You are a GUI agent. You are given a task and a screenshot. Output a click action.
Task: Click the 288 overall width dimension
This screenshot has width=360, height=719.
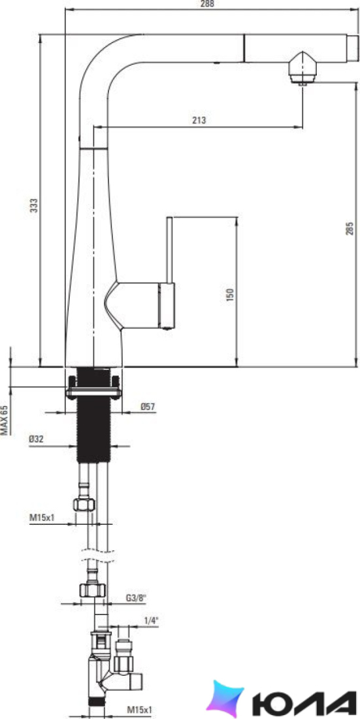click(208, 4)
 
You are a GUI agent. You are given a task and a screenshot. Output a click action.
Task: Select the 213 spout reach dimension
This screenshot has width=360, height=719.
click(199, 121)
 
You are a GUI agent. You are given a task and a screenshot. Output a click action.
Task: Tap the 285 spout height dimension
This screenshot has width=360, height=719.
click(350, 228)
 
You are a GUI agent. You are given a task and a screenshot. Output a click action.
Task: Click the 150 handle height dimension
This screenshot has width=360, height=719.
click(230, 294)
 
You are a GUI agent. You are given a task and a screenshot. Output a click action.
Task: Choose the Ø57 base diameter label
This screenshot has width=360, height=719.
click(148, 406)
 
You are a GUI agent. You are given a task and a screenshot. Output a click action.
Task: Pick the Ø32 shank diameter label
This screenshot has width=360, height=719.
click(36, 439)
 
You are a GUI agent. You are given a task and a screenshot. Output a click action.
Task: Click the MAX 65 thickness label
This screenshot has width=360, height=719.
click(4, 420)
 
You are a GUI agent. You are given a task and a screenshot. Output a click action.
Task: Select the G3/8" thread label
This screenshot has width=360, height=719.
click(135, 598)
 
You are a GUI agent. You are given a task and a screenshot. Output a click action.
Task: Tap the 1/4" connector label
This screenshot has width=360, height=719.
click(152, 621)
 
